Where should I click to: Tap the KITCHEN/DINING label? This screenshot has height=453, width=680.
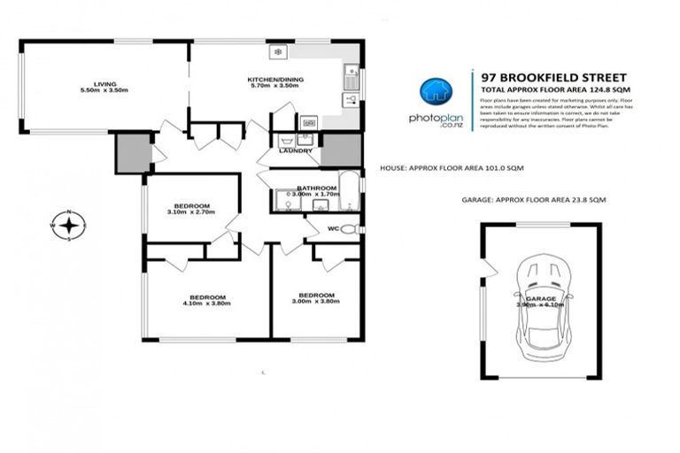tap(275, 81)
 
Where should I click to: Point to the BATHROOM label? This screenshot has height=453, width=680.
tap(317, 188)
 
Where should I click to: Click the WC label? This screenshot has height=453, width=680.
tap(333, 230)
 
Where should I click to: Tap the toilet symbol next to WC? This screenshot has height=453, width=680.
tap(351, 229)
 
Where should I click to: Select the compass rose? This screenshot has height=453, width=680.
tap(68, 225)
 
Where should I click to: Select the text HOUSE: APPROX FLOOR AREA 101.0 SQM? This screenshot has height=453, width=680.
tap(452, 167)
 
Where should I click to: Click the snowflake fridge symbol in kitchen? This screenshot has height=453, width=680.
tap(278, 53)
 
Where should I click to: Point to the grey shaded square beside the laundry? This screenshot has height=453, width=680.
tap(336, 150)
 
